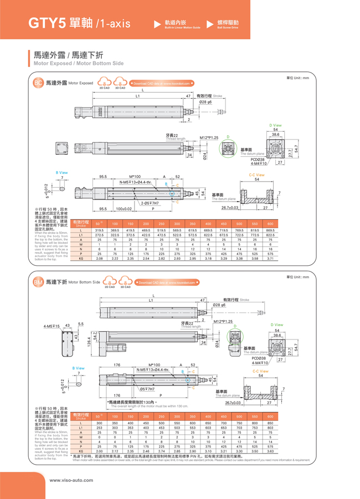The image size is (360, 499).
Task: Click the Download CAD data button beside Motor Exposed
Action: click(161, 84)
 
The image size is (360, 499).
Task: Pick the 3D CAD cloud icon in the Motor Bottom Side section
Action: click(125, 281)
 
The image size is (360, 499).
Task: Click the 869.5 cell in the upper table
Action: click(270, 230)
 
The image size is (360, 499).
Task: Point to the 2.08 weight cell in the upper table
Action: click(100, 259)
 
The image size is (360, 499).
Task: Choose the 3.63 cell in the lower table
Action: click(270, 452)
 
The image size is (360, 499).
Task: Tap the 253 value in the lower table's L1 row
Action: click(100, 428)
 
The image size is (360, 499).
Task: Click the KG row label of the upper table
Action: click(81, 259)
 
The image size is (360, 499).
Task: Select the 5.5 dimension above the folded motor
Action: click(81, 323)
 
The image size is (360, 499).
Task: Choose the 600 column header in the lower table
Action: click(270, 416)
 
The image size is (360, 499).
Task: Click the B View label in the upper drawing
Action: click(61, 173)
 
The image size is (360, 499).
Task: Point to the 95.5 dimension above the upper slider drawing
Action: click(103, 177)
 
